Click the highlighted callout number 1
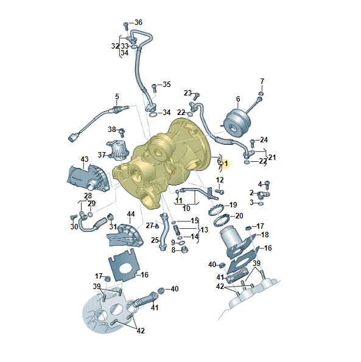226,164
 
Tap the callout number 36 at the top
138,23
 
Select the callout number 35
167,85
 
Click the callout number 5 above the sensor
117,97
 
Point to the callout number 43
84,159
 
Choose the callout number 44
131,214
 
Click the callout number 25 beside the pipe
155,240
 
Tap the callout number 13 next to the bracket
204,230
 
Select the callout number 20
239,216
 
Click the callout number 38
112,129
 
